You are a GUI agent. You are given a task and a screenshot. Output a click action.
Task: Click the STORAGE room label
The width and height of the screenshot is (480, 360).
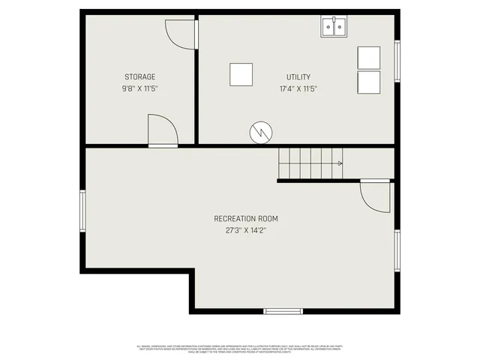point(140,76)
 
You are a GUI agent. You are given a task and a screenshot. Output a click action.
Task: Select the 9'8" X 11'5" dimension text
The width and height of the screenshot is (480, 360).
point(140,88)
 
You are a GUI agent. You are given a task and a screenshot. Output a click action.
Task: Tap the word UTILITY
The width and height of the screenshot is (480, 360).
point(298,76)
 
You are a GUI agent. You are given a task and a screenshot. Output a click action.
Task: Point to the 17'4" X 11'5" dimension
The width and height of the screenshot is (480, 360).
point(298,88)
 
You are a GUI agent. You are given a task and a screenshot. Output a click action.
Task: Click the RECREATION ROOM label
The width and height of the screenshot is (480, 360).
point(246,218)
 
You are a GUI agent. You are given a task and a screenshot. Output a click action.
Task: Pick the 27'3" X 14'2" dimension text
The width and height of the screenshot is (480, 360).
point(246,230)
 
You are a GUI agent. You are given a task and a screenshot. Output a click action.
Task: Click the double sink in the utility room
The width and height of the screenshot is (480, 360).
point(334,28)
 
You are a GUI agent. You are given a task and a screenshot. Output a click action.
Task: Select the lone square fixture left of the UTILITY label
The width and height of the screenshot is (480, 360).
point(241,75)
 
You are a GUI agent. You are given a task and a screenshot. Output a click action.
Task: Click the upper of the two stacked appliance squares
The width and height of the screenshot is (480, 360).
point(369,58)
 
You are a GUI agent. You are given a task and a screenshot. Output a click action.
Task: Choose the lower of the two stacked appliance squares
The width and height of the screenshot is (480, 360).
point(369,82)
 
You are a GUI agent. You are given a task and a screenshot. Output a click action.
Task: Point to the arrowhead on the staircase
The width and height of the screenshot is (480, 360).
point(340,163)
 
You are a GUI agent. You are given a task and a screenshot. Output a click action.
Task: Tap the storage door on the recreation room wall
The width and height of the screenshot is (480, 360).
point(162,130)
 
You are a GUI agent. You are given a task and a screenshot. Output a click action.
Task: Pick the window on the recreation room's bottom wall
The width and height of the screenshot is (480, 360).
point(283,311)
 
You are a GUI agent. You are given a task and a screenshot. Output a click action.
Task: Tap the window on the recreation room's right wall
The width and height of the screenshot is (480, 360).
point(397,251)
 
